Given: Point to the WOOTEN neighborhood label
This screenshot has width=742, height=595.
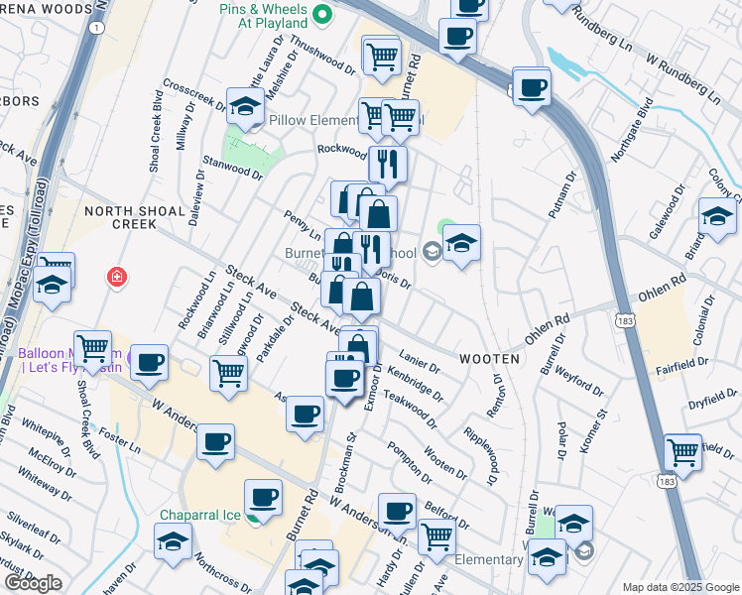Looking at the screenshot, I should tap(489, 357).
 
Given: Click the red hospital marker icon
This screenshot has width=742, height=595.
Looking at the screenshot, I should tap(117, 276).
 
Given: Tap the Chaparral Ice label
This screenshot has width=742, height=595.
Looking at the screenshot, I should tap(202, 515).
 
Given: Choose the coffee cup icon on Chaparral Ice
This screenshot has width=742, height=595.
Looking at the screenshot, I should tap(263, 496).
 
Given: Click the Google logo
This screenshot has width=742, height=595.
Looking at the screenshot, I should tap(33, 583).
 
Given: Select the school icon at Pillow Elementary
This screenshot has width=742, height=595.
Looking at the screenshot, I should tap(245, 105).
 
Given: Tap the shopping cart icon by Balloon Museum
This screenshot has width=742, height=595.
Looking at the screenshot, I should tap(92, 348).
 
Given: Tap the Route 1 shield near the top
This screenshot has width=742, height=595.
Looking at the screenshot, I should tap(96, 28).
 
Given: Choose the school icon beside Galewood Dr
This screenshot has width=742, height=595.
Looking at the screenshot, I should tap(717, 216).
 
